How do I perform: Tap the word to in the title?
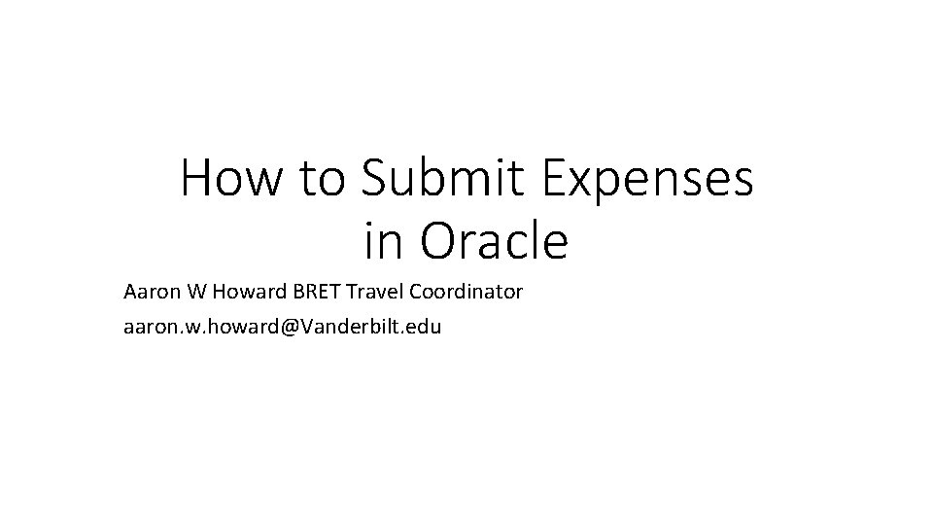click(x=320, y=180)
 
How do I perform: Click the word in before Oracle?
click(x=381, y=241)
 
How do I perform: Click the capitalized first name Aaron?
click(x=149, y=292)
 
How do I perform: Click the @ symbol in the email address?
click(x=289, y=327)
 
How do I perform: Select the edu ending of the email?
click(x=425, y=327)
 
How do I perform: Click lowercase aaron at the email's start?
click(x=147, y=327)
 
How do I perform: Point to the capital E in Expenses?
click(x=557, y=180)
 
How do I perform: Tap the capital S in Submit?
click(x=375, y=180)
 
